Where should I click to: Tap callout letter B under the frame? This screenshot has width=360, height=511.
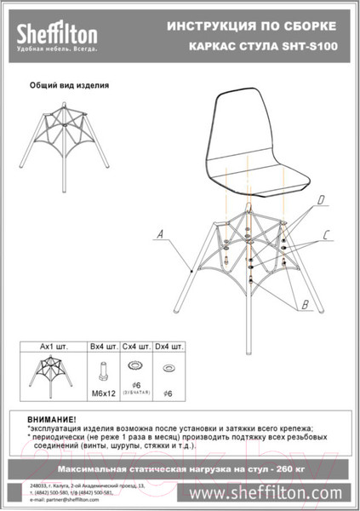pos(304,304)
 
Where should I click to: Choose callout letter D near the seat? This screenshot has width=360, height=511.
pos(321,201)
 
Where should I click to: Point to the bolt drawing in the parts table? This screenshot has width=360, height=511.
pos(103,370)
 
